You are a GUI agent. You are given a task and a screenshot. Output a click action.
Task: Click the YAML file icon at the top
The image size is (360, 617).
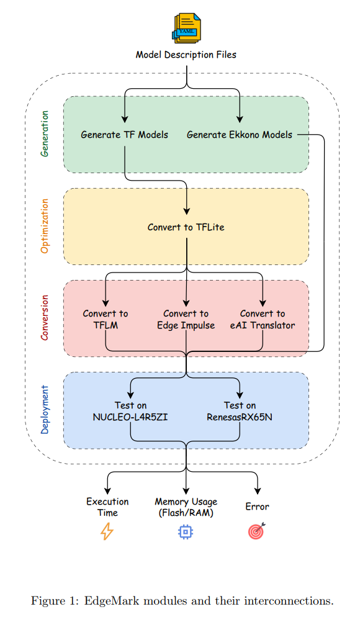(x=186, y=28)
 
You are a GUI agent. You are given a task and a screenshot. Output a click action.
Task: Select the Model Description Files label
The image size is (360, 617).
(x=186, y=55)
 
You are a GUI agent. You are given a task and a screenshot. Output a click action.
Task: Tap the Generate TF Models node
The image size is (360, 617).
(x=124, y=135)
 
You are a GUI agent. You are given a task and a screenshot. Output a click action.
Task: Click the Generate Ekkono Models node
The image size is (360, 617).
(x=239, y=135)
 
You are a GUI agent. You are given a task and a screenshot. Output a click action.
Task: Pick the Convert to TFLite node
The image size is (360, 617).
(x=186, y=227)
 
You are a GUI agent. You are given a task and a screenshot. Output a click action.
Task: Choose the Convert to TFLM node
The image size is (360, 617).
(x=106, y=319)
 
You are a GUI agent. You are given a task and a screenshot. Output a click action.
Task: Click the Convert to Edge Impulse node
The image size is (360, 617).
(x=186, y=319)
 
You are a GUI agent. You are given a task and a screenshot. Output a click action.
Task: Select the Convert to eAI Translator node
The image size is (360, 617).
(x=263, y=319)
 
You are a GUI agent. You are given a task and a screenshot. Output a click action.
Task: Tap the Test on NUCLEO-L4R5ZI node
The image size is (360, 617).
(x=130, y=411)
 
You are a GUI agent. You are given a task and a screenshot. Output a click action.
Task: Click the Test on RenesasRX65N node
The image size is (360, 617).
(x=240, y=411)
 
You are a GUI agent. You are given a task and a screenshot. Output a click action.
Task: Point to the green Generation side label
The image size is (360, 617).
(x=45, y=133)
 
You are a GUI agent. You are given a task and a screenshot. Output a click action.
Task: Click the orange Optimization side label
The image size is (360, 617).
(x=45, y=226)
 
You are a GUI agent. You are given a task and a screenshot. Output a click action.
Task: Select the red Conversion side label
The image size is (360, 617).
(x=45, y=318)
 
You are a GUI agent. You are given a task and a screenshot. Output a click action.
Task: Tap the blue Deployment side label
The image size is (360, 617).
(x=45, y=410)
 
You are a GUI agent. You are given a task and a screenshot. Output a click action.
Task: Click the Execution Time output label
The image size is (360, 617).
(x=107, y=507)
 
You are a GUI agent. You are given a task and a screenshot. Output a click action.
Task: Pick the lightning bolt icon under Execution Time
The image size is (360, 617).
(x=107, y=531)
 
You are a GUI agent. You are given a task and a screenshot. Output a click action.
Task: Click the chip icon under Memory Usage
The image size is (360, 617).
(x=185, y=531)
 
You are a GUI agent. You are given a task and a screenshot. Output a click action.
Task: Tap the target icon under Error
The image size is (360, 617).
(x=257, y=531)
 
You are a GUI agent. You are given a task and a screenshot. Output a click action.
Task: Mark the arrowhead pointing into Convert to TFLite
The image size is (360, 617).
(x=187, y=212)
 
